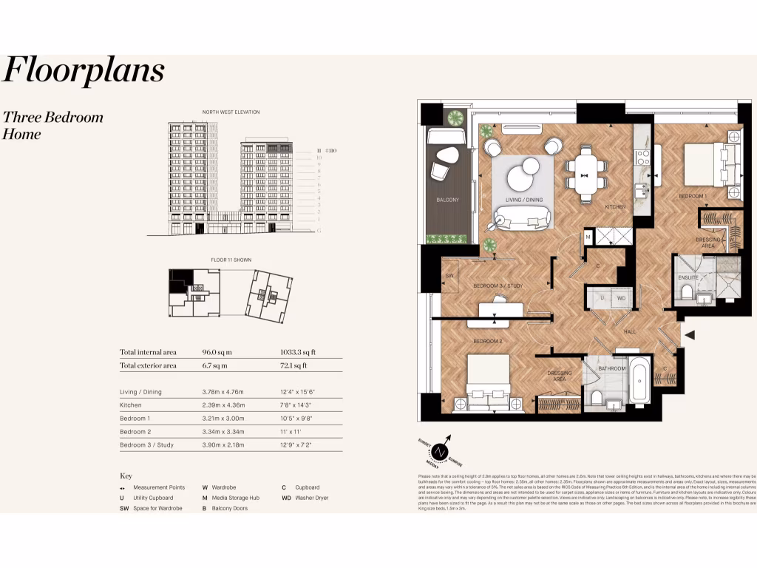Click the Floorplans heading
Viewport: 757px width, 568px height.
tap(83, 71)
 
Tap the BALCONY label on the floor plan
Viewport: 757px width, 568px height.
tap(447, 200)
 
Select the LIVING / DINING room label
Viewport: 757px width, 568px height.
tap(523, 200)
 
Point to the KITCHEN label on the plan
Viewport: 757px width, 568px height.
tap(616, 207)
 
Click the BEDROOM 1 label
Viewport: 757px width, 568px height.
tap(693, 196)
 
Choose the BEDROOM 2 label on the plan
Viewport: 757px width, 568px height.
tap(488, 341)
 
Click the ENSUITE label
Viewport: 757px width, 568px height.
tap(688, 277)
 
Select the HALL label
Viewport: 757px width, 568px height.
tap(630, 331)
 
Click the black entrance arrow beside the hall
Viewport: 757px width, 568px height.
tap(690, 336)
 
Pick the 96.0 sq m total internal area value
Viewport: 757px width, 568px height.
tap(215, 353)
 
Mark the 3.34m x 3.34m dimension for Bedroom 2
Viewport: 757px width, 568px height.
tap(224, 431)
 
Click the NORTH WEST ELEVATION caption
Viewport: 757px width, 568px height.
tap(231, 112)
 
